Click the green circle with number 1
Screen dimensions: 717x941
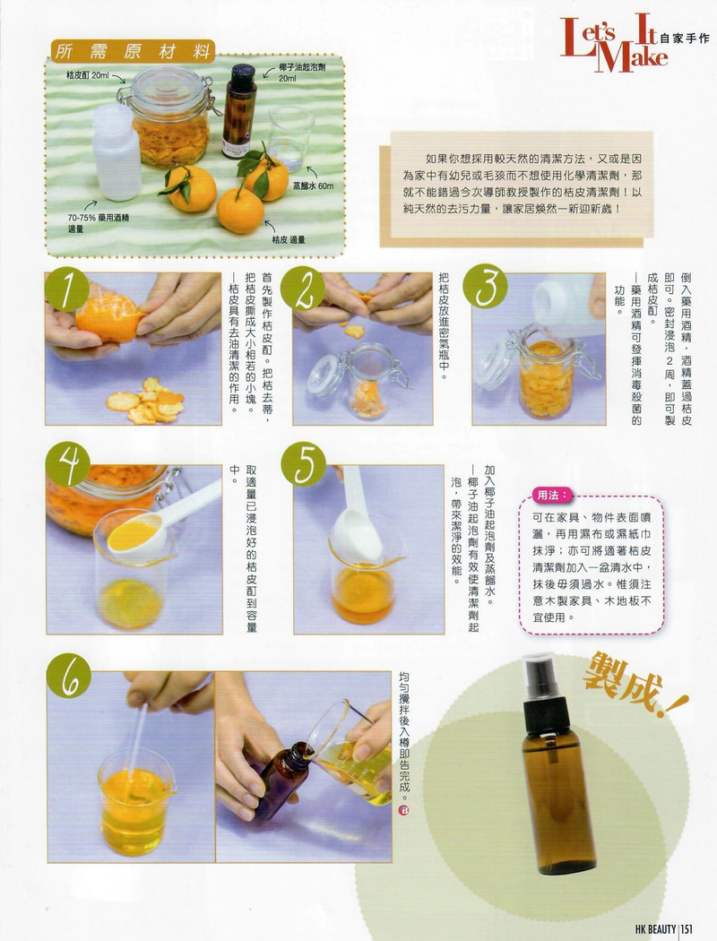point(66,289)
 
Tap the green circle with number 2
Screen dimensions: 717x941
point(302,289)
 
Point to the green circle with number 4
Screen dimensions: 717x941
point(68,464)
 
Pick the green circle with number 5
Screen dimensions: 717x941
point(304,464)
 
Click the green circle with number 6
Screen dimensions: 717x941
point(69,676)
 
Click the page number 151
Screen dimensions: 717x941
point(687,929)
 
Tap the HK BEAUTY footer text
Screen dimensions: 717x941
point(656,929)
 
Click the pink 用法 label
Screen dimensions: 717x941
point(551,495)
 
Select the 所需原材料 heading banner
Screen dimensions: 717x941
point(133,52)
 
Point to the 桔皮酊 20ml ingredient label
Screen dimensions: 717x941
point(88,75)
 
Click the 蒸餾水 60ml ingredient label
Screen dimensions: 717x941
point(313,186)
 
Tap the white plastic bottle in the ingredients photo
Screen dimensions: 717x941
point(117,152)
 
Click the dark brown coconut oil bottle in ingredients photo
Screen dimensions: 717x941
point(240,111)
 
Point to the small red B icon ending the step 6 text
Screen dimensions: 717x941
point(403,811)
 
